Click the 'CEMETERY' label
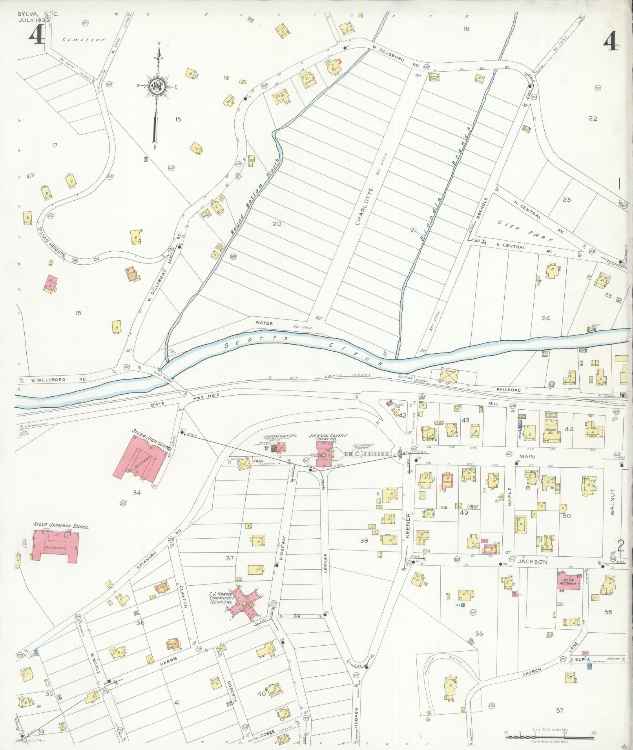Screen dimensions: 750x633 [84, 40]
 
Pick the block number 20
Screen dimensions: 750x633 [277, 224]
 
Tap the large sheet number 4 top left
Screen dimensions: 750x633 [36, 38]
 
